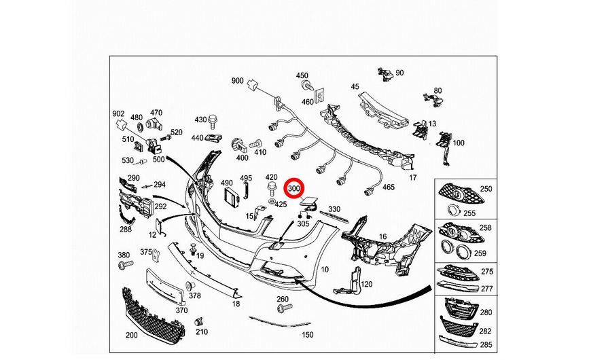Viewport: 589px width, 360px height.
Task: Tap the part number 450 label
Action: coord(302,76)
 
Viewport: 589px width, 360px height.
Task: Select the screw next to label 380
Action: coord(126,265)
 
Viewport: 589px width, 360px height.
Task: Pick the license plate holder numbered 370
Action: coord(165,287)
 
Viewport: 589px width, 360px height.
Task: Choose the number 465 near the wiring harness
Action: coord(389,187)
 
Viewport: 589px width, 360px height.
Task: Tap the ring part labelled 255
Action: coord(453,211)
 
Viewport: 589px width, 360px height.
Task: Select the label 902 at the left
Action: coord(118,113)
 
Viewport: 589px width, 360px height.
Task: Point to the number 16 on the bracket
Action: coord(382,236)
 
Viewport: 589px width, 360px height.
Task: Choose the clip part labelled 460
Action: coord(319,96)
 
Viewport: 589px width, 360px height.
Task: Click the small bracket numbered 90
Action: coord(385,73)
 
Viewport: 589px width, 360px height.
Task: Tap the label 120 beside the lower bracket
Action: coord(366,284)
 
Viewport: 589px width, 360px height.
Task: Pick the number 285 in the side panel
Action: coord(486,344)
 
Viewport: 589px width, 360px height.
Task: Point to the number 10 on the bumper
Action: coord(325,269)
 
